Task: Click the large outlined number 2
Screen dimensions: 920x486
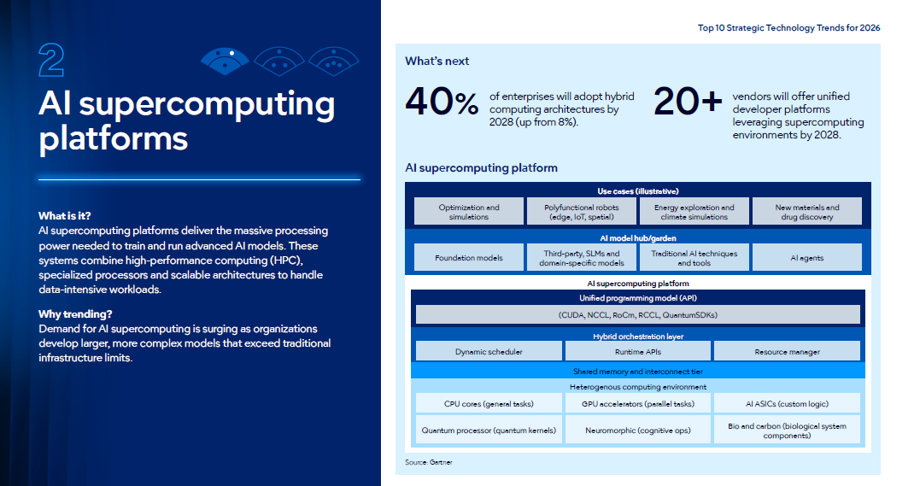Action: tap(51, 60)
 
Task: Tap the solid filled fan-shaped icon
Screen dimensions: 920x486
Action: tap(225, 61)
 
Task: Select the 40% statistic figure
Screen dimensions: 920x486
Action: tap(442, 102)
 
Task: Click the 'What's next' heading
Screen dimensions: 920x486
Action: tap(437, 61)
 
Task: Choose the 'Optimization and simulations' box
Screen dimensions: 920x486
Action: tap(469, 211)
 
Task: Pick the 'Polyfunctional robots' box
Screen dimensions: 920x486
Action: tap(582, 211)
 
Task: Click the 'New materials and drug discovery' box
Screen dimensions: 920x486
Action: tap(806, 211)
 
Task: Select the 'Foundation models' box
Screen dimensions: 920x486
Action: tap(469, 257)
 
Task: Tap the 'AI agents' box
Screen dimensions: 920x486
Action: tap(806, 257)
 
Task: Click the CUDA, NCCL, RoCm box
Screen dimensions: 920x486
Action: tap(638, 314)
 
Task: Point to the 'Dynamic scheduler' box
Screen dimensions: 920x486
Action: tap(489, 351)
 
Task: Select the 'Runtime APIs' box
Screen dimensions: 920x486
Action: tap(638, 351)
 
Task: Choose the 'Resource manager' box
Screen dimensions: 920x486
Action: tap(787, 351)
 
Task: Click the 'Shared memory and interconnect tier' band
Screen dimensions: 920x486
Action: tap(638, 371)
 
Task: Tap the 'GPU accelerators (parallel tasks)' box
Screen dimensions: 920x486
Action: tap(638, 403)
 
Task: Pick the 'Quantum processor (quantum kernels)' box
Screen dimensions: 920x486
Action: tap(489, 430)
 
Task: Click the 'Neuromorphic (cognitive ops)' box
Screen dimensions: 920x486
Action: tap(638, 430)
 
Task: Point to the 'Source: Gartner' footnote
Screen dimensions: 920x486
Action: tap(428, 463)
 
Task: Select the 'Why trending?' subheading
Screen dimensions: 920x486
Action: tap(75, 314)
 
